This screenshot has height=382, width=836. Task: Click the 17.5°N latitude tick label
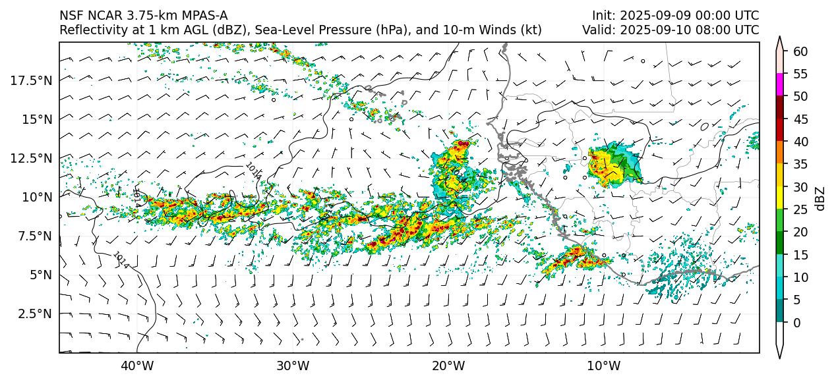32,80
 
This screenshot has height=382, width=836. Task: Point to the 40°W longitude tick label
137,366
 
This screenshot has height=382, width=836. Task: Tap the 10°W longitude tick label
603,366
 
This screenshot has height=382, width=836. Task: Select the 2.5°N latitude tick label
34,314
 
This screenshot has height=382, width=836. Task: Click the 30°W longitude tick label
293,366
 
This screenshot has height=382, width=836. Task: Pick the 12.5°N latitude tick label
32,158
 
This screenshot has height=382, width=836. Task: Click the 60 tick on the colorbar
800,51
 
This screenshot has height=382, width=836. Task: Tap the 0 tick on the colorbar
797,323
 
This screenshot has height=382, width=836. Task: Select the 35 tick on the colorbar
800,164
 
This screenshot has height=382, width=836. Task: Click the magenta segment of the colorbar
780,84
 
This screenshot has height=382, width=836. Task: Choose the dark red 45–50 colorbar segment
780,107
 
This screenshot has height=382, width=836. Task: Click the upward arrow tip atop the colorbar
780,38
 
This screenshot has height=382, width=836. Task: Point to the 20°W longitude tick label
448,366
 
